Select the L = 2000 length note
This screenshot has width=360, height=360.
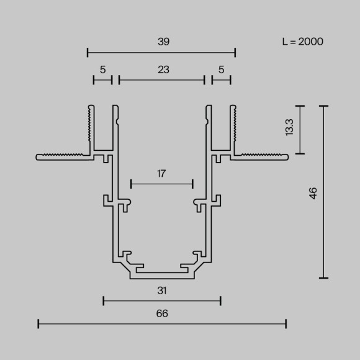pyautogui.click(x=302, y=42)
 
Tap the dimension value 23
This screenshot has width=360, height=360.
pyautogui.click(x=163, y=70)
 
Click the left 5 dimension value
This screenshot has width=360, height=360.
pyautogui.click(x=102, y=70)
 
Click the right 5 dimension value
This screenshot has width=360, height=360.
pyautogui.click(x=221, y=70)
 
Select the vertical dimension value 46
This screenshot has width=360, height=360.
pyautogui.click(x=313, y=192)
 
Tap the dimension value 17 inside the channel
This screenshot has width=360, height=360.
pyautogui.click(x=161, y=174)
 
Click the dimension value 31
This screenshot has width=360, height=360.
pyautogui.click(x=161, y=290)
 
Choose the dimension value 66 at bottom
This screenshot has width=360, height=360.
pyautogui.click(x=161, y=313)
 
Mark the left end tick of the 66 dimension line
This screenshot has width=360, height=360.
pyautogui.click(x=38, y=323)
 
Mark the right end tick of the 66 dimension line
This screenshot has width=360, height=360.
pyautogui.click(x=286, y=323)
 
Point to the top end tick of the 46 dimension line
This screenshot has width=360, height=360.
pyautogui.click(x=323, y=106)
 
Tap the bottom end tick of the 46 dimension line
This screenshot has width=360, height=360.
pyautogui.click(x=323, y=278)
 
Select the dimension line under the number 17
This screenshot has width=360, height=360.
pyautogui.click(x=162, y=184)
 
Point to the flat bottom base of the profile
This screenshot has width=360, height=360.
pyautogui.click(x=162, y=276)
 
